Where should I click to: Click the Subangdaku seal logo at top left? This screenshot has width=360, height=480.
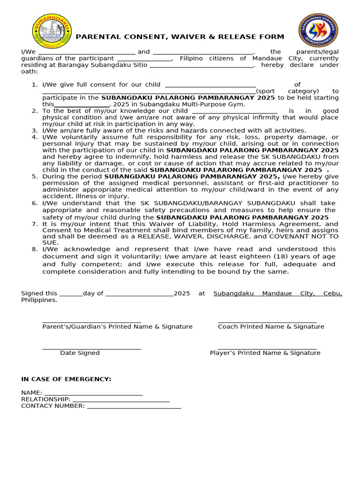click(52, 31)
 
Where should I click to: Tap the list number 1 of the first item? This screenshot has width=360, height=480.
click(34, 85)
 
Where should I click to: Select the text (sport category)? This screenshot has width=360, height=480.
click(287, 91)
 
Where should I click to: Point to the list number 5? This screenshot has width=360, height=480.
click(34, 176)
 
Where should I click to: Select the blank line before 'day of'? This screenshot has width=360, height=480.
click(71, 294)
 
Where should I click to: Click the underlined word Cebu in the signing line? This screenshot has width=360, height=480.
click(332, 293)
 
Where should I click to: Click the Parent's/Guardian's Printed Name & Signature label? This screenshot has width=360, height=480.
click(117, 326)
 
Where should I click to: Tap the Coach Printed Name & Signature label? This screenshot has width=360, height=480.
click(271, 326)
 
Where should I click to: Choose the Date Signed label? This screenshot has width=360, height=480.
click(80, 353)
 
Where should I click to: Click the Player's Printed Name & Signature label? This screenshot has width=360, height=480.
click(265, 353)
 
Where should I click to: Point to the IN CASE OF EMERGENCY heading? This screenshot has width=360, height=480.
click(66, 379)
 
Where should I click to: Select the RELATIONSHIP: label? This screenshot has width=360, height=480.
click(45, 399)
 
